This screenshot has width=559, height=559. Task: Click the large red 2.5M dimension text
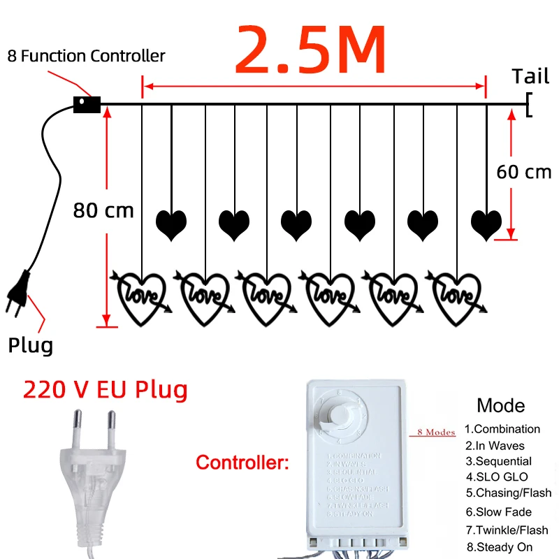[x=310, y=50]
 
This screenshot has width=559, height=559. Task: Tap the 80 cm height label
[x=103, y=210]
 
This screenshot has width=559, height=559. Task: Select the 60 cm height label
[x=523, y=172]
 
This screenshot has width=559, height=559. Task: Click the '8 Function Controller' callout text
[x=87, y=56]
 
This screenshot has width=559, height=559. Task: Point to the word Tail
[x=530, y=76]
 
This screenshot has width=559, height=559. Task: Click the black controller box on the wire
[x=87, y=104]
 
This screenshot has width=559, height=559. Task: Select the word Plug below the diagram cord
[x=30, y=344]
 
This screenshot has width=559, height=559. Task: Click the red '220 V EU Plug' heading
[x=106, y=389]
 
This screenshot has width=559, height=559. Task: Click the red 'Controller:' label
[x=242, y=462]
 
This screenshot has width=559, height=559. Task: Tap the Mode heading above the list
[x=500, y=405]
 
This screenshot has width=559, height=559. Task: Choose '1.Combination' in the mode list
[x=502, y=429]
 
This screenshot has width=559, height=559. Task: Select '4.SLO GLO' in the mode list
[x=497, y=477]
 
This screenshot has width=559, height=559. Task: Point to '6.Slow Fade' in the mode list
[x=499, y=512]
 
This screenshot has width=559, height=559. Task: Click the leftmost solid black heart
[x=171, y=224]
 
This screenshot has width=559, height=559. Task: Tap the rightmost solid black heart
[x=486, y=224]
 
